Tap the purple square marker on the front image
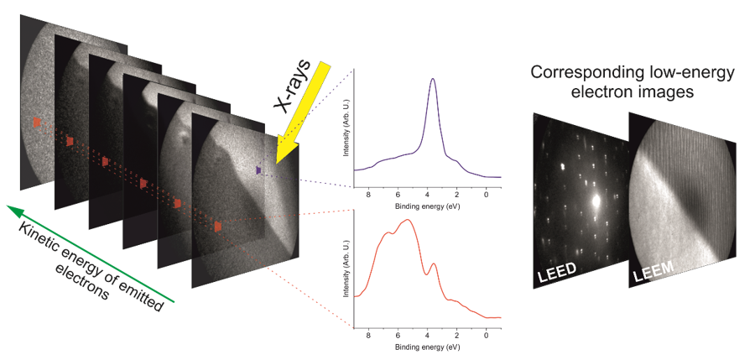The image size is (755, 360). pos(259,170)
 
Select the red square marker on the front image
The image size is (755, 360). pos(217,226)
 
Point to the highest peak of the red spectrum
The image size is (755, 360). pos(408,220)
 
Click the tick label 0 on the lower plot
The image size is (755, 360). pos(487,335)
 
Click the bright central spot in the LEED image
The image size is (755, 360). pos(596,201)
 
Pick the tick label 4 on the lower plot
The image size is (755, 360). pos(428,335)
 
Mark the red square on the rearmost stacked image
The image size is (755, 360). pos(36,123)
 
